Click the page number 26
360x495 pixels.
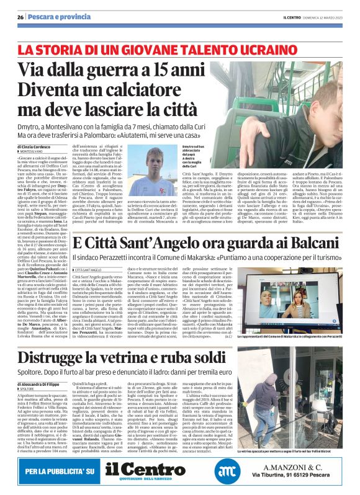[20, 17]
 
